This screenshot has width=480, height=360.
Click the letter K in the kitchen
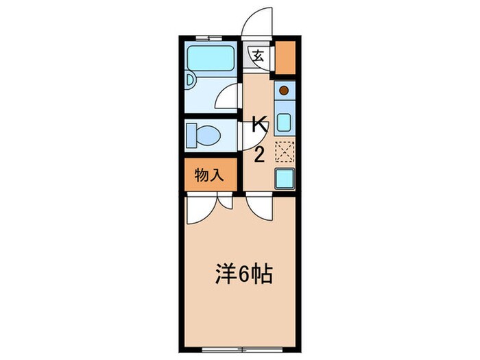[x=259, y=125]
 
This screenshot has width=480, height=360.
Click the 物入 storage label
[x=210, y=176]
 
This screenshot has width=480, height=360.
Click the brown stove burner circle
[x=284, y=89]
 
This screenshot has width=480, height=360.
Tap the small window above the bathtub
[x=204, y=36]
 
